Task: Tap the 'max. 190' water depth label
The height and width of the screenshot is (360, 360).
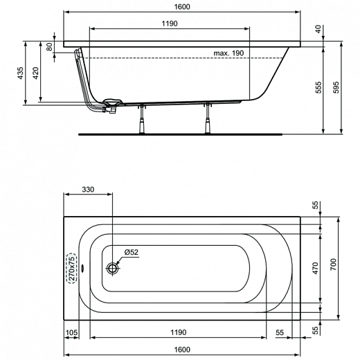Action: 230,53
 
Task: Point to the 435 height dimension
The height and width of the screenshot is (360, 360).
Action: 21,73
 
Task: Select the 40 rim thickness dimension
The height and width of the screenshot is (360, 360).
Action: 318,29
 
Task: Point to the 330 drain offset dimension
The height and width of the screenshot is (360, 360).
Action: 88,190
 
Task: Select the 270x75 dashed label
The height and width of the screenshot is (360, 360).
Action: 70,268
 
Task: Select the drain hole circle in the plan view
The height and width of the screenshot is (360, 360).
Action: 113,268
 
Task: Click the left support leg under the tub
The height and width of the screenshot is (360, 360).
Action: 143,118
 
